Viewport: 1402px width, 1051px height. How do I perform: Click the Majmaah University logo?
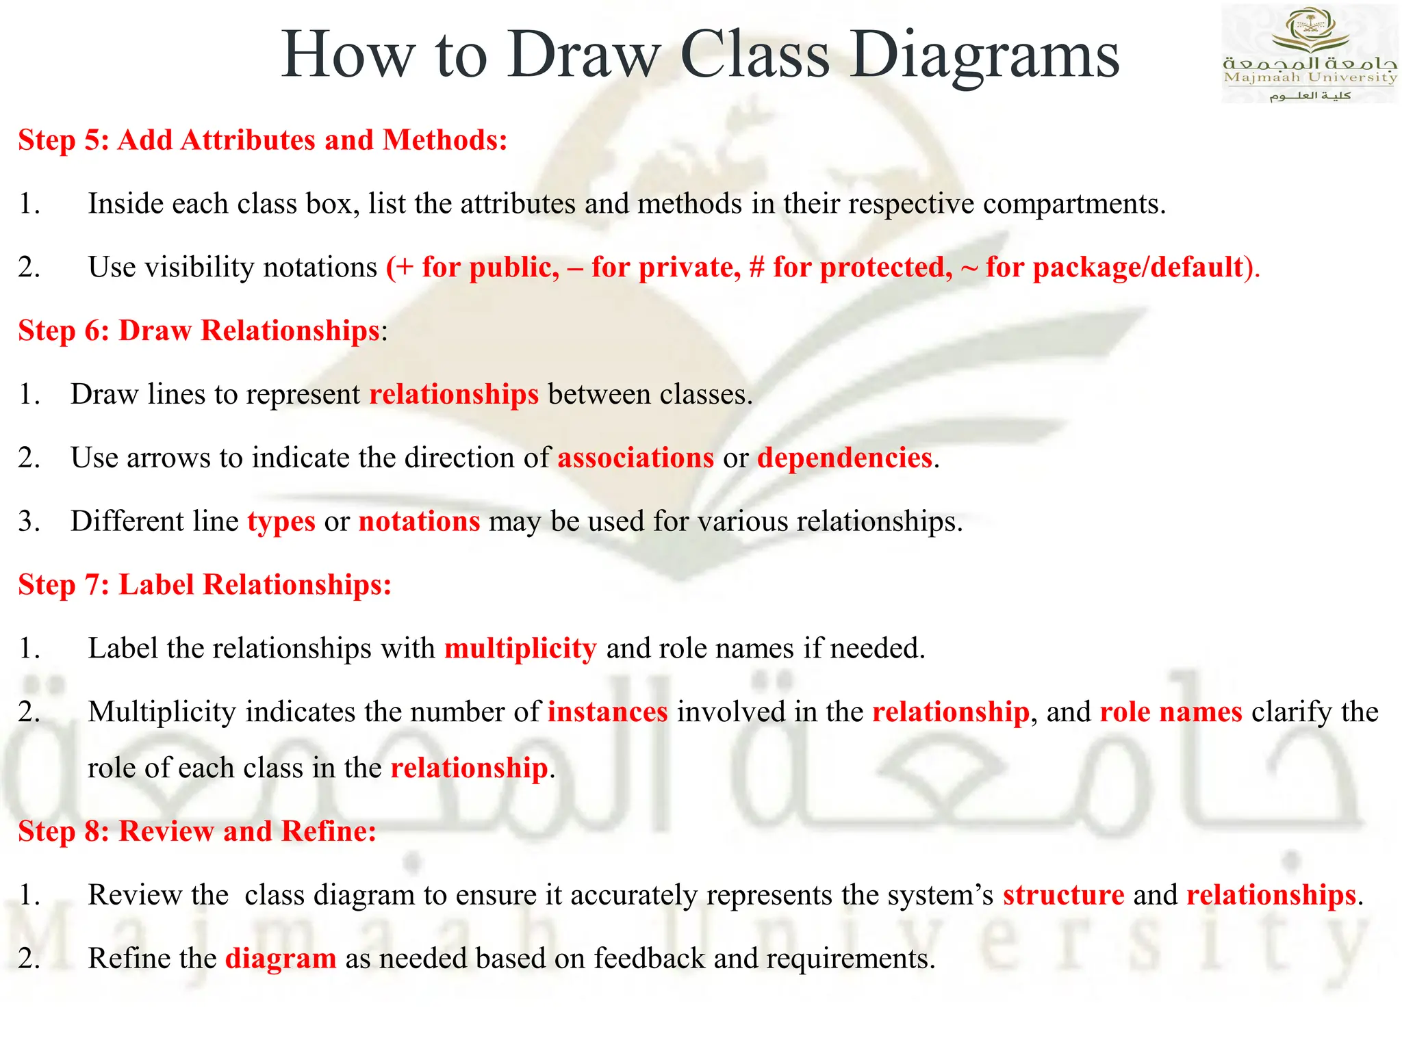1309,53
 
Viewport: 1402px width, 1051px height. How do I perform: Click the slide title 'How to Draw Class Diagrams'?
700,55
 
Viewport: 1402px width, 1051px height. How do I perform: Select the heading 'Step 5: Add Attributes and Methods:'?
263,140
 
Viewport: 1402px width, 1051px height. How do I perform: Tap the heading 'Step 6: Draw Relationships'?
199,330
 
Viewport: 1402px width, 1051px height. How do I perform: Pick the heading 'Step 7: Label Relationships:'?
205,585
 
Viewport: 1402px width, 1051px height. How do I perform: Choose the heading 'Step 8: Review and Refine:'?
197,831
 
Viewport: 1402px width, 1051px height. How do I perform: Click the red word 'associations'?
635,458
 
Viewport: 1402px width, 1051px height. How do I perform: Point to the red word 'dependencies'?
845,458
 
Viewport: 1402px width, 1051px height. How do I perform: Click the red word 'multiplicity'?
520,649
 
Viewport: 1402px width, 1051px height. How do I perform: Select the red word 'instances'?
607,712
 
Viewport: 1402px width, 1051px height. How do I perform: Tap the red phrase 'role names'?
1171,712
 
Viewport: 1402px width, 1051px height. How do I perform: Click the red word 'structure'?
1063,895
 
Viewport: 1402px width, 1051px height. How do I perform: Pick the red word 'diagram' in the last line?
281,959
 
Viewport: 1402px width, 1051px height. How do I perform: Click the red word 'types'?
281,522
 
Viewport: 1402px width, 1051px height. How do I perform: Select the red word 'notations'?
419,521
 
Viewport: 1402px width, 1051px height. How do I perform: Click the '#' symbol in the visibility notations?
756,268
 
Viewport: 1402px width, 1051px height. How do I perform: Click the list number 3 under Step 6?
28,521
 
